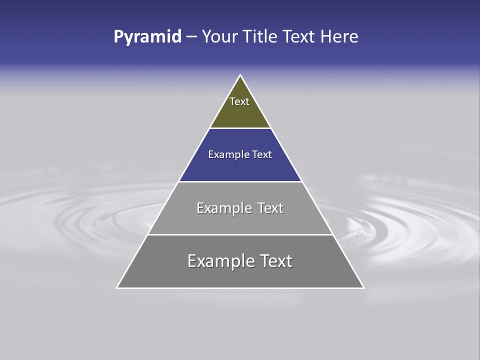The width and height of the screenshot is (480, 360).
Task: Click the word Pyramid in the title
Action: click(147, 37)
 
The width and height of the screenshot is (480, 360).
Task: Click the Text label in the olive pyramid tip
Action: click(239, 101)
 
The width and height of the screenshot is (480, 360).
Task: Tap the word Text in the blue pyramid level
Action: click(262, 155)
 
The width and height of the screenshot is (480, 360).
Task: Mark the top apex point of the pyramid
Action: click(240, 75)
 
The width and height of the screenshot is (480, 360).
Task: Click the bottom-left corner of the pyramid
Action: click(117, 288)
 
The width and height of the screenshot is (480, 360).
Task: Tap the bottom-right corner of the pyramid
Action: click(363, 288)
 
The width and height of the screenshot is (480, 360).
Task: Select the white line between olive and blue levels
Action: click(240, 128)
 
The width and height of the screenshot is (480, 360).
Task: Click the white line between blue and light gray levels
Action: click(240, 181)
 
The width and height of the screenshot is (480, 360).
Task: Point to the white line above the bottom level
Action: click(240, 234)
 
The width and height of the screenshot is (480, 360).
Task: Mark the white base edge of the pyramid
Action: click(240, 288)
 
